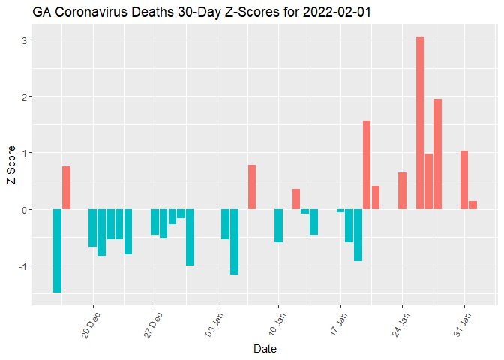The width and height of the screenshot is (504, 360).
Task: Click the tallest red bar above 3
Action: point(420,123)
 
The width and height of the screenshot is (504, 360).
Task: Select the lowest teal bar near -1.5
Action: point(57,250)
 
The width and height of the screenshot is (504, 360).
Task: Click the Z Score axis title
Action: point(10,169)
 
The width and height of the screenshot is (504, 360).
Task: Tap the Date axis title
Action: point(265,349)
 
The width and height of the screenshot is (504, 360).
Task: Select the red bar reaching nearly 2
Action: point(437,154)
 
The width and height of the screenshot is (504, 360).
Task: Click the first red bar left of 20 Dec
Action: point(66,187)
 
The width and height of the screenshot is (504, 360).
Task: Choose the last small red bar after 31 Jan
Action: point(472,205)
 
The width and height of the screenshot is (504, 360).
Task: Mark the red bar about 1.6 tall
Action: point(367,165)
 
